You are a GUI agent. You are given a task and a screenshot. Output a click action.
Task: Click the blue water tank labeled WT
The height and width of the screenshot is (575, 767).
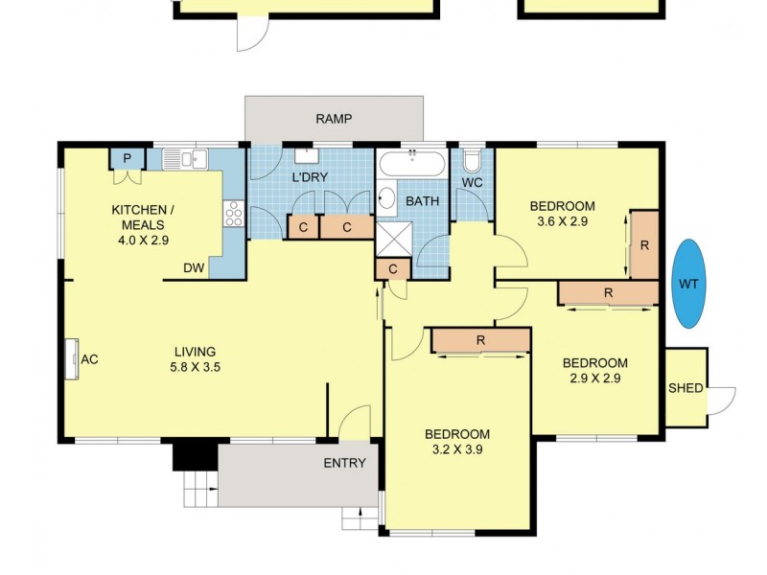(x=688, y=283)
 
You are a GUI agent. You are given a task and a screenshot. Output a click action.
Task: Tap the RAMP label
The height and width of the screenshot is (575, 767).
(x=334, y=119)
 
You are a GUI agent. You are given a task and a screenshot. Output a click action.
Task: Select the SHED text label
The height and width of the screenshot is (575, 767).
(x=686, y=388)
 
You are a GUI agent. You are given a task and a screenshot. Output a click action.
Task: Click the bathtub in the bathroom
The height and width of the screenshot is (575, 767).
(x=412, y=164)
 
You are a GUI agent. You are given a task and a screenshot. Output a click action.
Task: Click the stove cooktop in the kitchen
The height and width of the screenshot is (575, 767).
(x=233, y=214)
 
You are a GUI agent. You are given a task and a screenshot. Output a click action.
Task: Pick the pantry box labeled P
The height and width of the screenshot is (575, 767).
(x=126, y=158)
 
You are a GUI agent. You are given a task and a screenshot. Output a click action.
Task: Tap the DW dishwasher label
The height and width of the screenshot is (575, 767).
(x=194, y=268)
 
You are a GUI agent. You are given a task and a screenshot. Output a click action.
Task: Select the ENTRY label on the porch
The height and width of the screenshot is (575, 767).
(x=344, y=463)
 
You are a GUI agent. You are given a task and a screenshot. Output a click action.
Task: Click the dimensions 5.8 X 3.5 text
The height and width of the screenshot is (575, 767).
(x=195, y=367)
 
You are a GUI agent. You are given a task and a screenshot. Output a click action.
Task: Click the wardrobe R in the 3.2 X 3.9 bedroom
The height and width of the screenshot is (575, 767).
(x=480, y=340)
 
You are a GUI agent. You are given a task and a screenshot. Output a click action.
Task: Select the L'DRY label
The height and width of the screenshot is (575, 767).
(x=311, y=178)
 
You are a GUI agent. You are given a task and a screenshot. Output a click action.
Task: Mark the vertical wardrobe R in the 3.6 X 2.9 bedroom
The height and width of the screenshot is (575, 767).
(x=644, y=244)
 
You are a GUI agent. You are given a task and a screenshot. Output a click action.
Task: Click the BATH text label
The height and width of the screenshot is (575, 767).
(x=422, y=201)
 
